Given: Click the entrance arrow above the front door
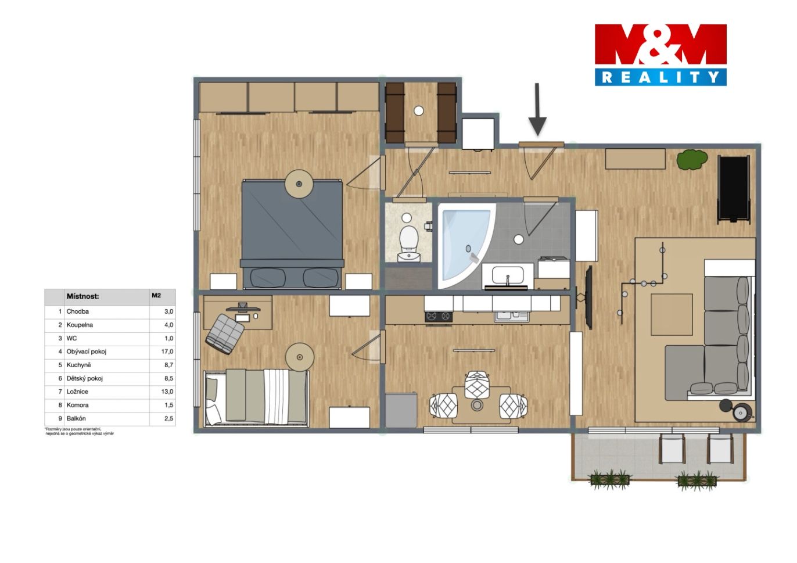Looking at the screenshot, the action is coord(537,110).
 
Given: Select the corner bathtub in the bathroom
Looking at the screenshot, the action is coord(465,246).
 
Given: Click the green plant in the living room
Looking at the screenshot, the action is coord(692,160).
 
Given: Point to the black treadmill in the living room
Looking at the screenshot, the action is coord(734,189).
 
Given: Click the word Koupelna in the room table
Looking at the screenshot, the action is coord(80,325).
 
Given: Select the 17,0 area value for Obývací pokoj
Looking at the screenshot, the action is coord(167,352).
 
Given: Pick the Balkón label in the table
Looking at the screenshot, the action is coord(76,418).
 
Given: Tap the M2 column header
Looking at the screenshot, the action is coord(156,295).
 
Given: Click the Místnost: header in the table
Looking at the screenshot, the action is coord(82,296).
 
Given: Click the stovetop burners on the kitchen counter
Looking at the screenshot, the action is coord(439,317).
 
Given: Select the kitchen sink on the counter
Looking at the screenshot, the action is coord(512,316).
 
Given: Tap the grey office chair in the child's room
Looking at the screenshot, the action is coord(224,334).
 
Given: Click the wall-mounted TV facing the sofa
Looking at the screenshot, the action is coord(589,297).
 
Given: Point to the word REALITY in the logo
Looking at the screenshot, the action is coord(660,77).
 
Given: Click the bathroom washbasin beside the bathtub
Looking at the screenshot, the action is coord(508,276).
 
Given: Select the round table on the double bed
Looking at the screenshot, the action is coord(299,184).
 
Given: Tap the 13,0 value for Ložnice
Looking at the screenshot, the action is coord(167,392).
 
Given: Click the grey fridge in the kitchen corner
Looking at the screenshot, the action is coord(401,410).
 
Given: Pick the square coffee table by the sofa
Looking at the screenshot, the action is coord(672,314).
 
